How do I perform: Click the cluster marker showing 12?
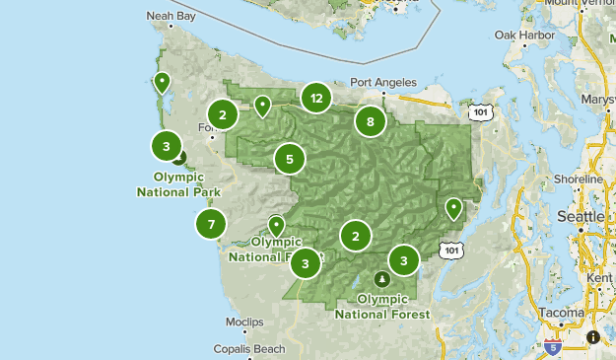point(316,98)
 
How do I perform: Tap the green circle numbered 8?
point(371,122)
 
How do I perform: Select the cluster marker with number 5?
point(290,158)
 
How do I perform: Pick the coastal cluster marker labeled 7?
point(211,225)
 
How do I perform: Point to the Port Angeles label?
point(383,83)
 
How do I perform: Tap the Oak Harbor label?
point(519,35)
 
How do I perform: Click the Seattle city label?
point(581,215)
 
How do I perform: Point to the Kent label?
point(598,278)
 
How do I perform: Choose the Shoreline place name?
point(578,180)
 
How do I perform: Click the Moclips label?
point(243,323)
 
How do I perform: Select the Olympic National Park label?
point(178,184)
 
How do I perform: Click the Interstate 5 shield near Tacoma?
point(553,346)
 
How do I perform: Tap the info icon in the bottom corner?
point(593,337)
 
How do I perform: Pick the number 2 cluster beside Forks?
point(224,115)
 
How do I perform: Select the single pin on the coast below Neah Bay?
point(162,82)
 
